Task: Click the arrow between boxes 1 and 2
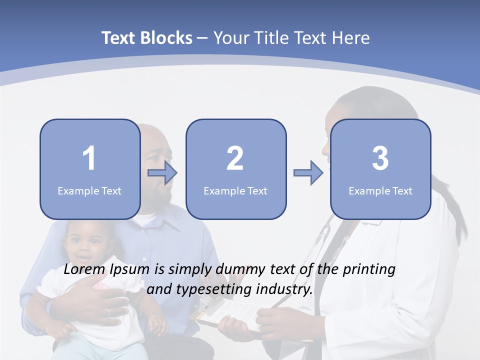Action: (x=162, y=173)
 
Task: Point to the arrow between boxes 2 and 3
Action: (x=308, y=173)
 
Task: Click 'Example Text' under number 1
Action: (x=89, y=190)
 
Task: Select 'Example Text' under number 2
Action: (x=235, y=190)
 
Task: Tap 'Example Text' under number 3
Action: (x=380, y=190)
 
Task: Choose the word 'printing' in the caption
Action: (x=369, y=269)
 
